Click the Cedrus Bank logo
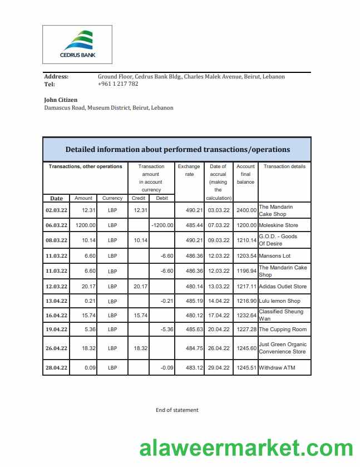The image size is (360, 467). pyautogui.click(x=77, y=44)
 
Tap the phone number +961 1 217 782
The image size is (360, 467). pyautogui.click(x=118, y=84)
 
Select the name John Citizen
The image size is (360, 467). pyautogui.click(x=61, y=100)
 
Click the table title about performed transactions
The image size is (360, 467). pyautogui.click(x=177, y=149)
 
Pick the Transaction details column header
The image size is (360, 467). pyautogui.click(x=284, y=166)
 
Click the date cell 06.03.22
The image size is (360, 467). pyautogui.click(x=56, y=225)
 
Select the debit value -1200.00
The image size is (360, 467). pyautogui.click(x=162, y=225)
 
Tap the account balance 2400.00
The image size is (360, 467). pyautogui.click(x=245, y=210)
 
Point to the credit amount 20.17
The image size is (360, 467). pyautogui.click(x=139, y=287)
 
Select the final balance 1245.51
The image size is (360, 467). pyautogui.click(x=245, y=368)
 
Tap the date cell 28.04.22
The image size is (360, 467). pyautogui.click(x=56, y=368)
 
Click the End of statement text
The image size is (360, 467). pyautogui.click(x=177, y=410)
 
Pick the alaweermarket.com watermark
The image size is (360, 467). pyautogui.click(x=245, y=448)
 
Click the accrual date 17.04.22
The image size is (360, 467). pyautogui.click(x=218, y=315)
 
